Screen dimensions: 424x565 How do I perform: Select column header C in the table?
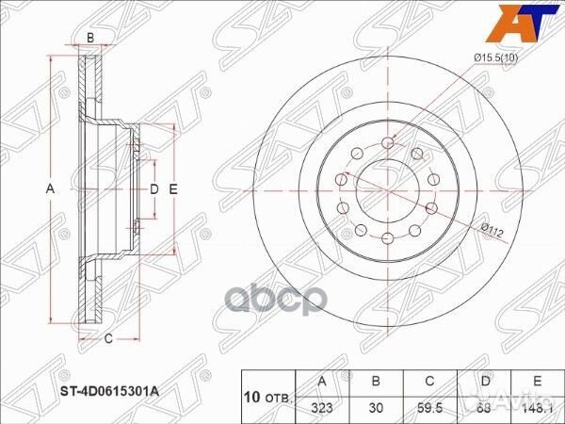[429, 382]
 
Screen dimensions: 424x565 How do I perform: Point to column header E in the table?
[535, 382]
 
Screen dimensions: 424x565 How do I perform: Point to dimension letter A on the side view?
[52, 188]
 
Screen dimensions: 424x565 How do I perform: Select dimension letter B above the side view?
[90, 38]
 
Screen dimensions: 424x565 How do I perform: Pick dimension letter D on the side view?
[153, 188]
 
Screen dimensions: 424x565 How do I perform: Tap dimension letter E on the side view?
[173, 188]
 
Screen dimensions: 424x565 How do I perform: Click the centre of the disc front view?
[387, 188]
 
